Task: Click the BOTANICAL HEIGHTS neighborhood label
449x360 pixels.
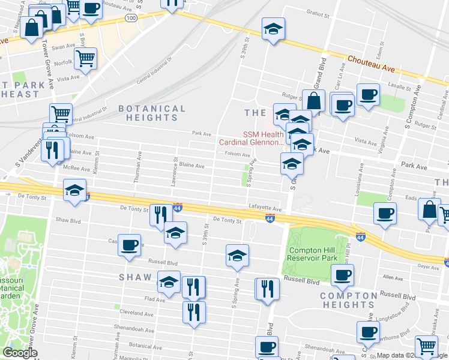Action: (x=152, y=113)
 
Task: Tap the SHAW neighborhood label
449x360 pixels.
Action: (x=139, y=277)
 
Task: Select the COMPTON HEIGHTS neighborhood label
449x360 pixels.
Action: (x=348, y=301)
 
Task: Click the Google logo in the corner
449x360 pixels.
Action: (x=20, y=353)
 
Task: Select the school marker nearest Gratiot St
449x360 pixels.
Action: (x=273, y=28)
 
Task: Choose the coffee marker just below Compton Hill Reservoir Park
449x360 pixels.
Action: (x=342, y=275)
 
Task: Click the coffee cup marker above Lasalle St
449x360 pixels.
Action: (x=368, y=94)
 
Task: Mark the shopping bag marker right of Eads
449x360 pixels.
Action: (x=429, y=210)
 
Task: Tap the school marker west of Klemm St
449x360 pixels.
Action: (x=74, y=190)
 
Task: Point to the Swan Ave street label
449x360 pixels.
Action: (x=63, y=46)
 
